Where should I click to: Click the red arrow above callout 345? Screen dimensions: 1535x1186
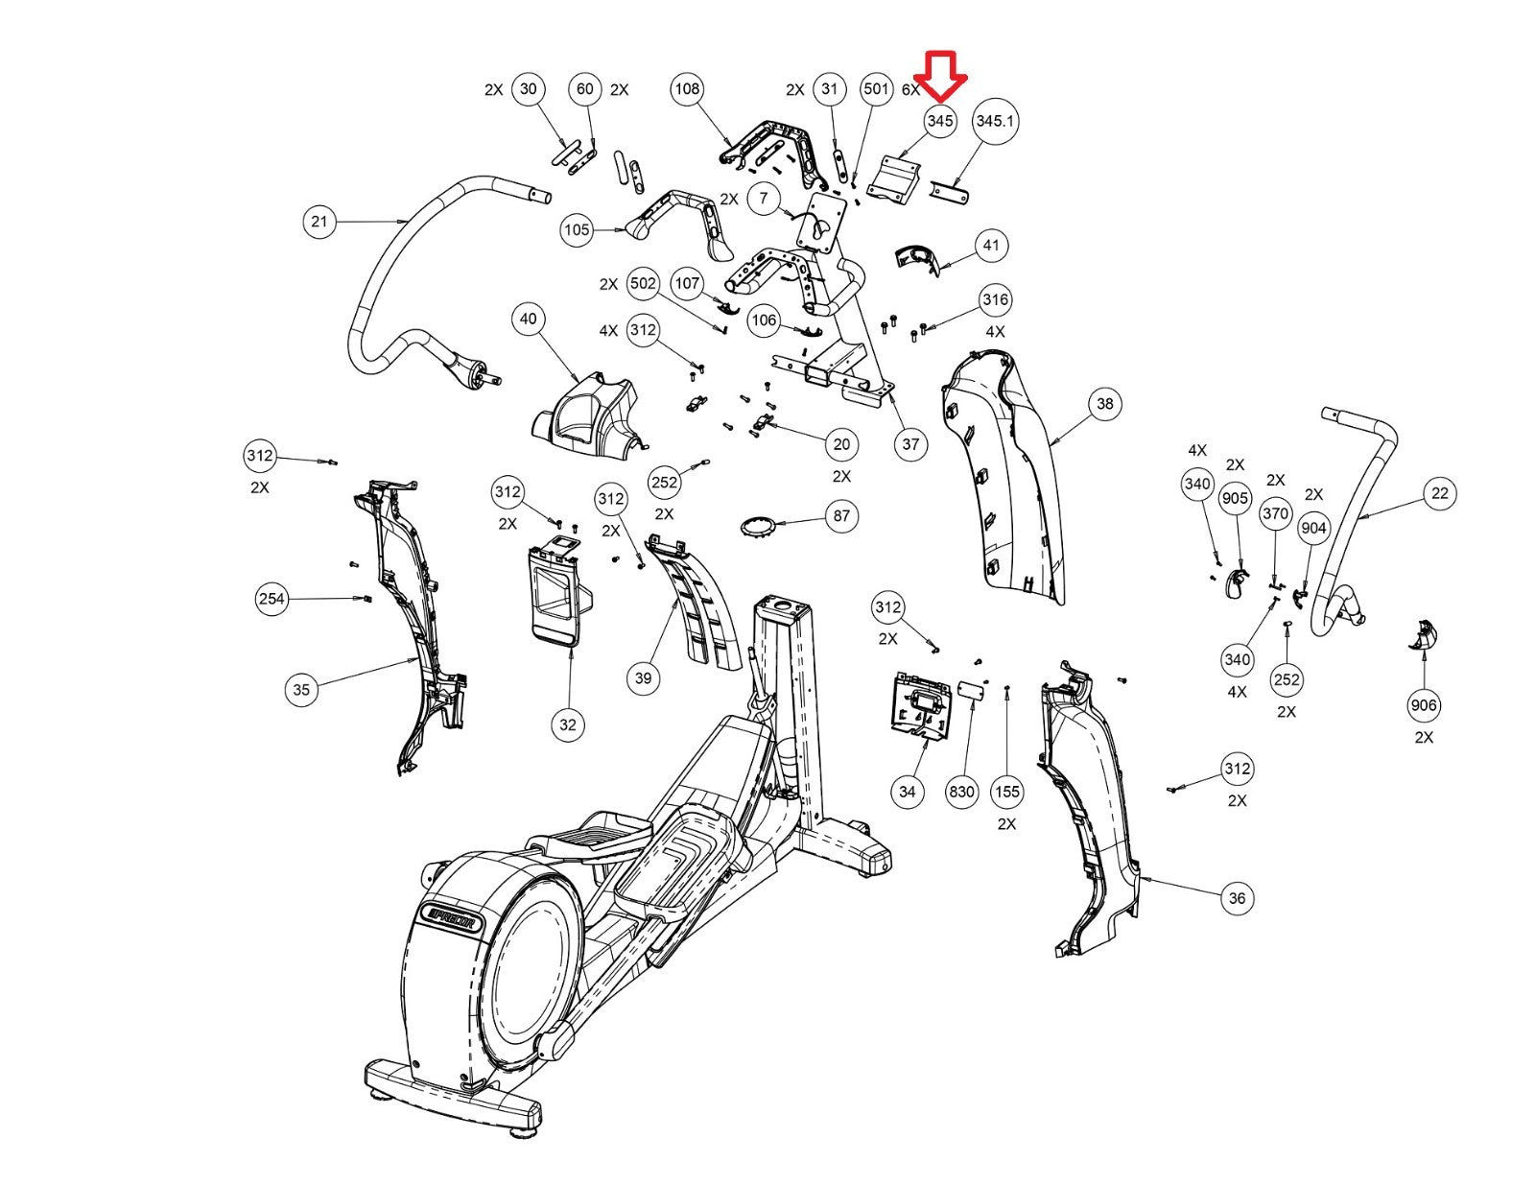tap(940, 75)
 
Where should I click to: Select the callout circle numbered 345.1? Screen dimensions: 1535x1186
tap(995, 121)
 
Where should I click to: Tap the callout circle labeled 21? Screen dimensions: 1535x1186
tap(319, 222)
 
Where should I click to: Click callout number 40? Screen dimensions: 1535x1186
tap(529, 319)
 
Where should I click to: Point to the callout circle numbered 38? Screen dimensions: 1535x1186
tap(1105, 404)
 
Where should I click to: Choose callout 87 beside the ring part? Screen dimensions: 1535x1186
tap(841, 515)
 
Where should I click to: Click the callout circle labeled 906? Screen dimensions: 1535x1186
tap(1424, 705)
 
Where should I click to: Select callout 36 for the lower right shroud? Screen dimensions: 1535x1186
tap(1238, 898)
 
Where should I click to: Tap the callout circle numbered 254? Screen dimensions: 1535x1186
tap(272, 600)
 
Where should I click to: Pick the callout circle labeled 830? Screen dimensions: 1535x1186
tap(961, 792)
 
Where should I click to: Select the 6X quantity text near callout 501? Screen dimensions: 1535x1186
tap(910, 89)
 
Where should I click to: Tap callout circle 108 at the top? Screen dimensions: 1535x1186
tap(687, 89)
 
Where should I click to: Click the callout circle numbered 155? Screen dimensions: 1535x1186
tap(1006, 792)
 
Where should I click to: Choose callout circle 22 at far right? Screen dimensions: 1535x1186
tap(1440, 493)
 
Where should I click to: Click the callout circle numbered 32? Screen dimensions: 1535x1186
tap(568, 724)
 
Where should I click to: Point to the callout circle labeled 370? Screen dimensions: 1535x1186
tap(1275, 513)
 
